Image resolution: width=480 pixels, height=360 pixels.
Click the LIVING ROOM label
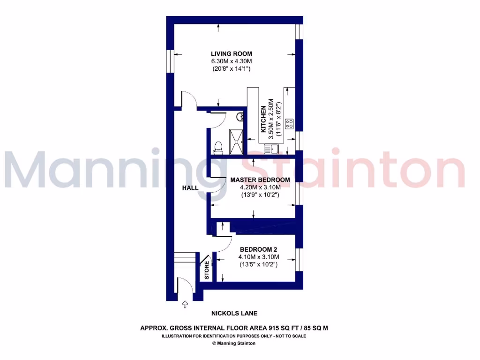click(x=232, y=53)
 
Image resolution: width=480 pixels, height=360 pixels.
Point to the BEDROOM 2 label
click(x=259, y=249)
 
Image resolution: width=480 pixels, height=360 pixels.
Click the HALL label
click(x=190, y=187)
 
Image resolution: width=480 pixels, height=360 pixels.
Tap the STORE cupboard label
click(x=207, y=270)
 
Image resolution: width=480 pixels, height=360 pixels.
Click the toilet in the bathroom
click(x=217, y=147)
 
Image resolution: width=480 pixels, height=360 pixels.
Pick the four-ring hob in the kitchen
click(x=289, y=124)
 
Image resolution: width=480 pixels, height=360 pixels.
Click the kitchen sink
click(x=271, y=150)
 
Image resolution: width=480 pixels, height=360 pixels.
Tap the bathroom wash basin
click(x=240, y=117)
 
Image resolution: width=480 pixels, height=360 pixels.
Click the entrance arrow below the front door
click(x=185, y=305)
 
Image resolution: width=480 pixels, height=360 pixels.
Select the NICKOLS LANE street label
click(x=234, y=313)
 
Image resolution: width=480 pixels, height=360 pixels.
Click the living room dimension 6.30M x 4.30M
click(x=232, y=61)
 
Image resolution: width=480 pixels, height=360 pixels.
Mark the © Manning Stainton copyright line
click(x=234, y=343)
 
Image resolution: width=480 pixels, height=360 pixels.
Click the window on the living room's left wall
click(x=171, y=61)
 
